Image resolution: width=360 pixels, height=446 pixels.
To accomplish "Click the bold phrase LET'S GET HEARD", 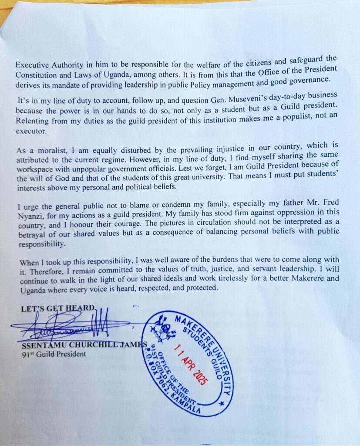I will pos(57,308).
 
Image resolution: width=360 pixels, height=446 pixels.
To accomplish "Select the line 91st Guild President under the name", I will pos(54,354).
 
